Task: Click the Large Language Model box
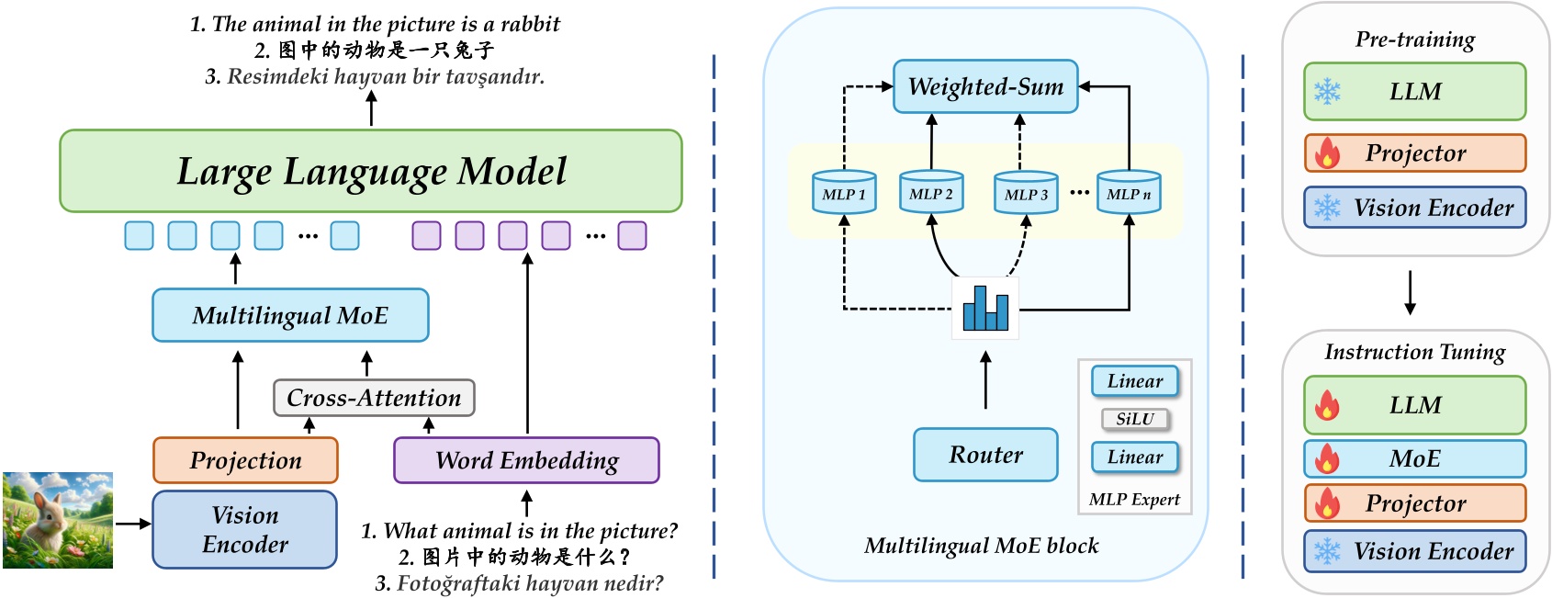click(x=371, y=172)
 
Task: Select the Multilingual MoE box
click(x=290, y=315)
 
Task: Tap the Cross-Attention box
click(x=374, y=398)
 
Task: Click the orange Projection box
click(x=245, y=460)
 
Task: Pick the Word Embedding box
click(x=526, y=460)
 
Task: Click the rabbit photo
click(x=58, y=520)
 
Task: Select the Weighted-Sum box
click(x=985, y=87)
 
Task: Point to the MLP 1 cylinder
click(x=844, y=193)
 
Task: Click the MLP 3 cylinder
click(x=1026, y=194)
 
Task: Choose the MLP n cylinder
click(x=1129, y=193)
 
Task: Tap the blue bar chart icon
click(x=985, y=309)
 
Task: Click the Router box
click(x=985, y=455)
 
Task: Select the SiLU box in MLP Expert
click(x=1135, y=419)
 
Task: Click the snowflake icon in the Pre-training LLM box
click(x=1327, y=92)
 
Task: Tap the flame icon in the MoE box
click(x=1327, y=458)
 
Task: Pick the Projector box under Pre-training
click(x=1415, y=153)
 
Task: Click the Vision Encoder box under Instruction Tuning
click(x=1415, y=551)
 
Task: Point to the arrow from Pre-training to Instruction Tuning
click(x=1411, y=292)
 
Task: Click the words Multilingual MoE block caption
click(x=981, y=546)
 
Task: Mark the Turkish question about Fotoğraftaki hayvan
click(x=519, y=583)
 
